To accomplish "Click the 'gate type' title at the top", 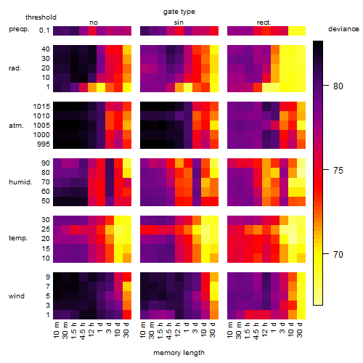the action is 179,12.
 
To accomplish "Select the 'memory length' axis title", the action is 179,353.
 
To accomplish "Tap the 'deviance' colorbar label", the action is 343,29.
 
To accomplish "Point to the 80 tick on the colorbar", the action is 338,86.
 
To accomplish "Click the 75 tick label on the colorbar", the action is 338,171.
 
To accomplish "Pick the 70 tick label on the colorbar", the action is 338,254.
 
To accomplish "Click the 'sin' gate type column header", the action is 179,23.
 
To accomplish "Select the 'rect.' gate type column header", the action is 264,23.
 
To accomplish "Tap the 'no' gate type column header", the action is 94,23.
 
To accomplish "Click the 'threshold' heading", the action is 41,17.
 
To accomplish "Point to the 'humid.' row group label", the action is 20,182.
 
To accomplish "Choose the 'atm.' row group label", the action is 16,126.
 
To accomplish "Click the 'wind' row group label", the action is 17,296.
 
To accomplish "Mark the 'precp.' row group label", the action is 19,29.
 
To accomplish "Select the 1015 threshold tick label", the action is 41,107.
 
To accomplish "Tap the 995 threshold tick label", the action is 44,144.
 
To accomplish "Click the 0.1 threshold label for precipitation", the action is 44,30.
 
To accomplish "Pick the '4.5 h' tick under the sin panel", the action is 169,331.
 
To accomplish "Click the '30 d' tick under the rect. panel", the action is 300,330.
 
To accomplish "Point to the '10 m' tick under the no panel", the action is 56,330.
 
